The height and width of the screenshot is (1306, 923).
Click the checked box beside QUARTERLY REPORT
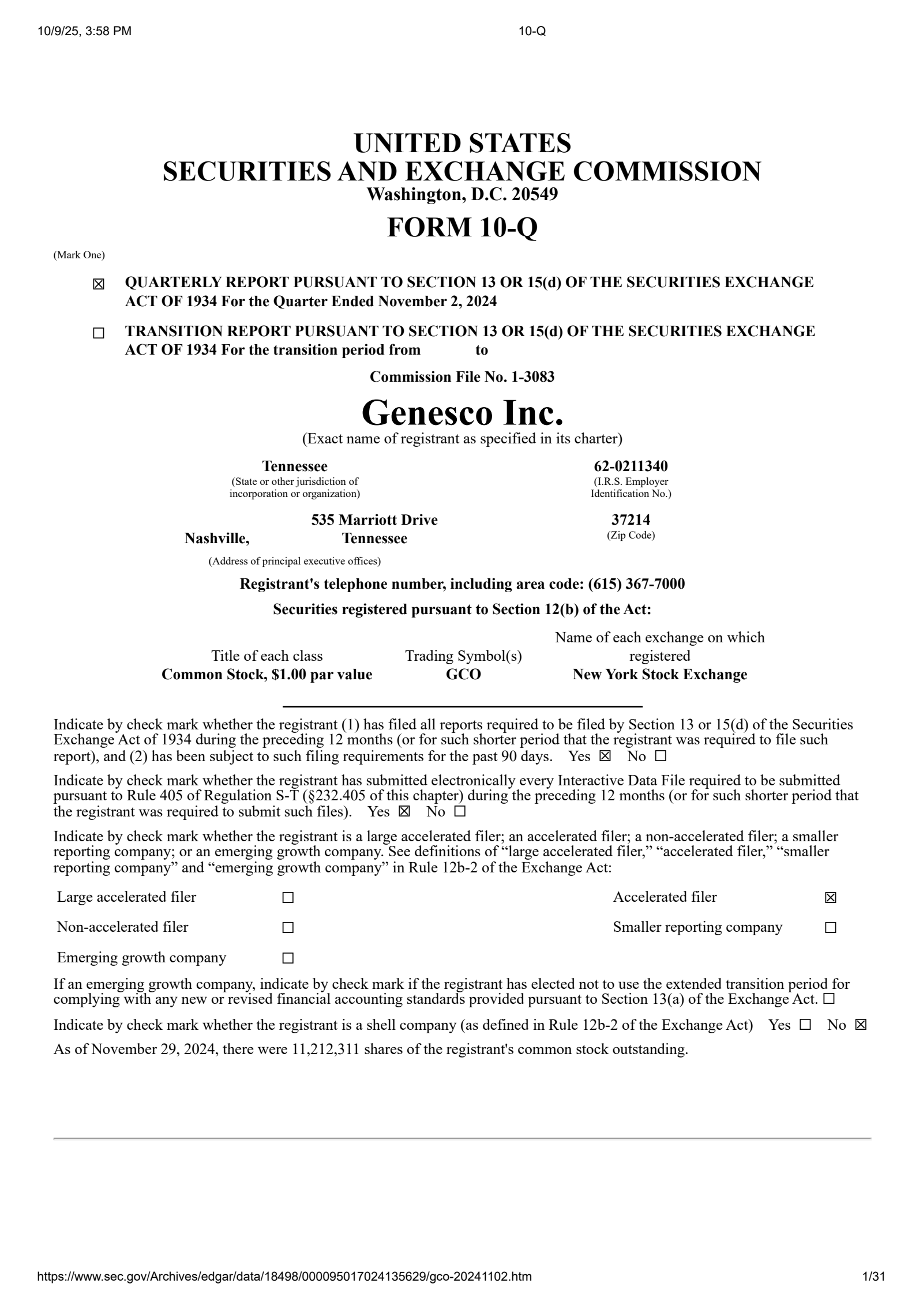[99, 284]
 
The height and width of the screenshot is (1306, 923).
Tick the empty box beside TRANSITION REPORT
[99, 333]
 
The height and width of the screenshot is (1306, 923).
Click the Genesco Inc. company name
[462, 413]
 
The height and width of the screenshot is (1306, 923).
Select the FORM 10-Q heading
[462, 227]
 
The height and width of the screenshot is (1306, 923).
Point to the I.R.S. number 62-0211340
[631, 466]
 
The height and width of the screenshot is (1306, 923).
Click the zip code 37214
[631, 520]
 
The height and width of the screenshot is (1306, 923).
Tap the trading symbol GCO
[463, 674]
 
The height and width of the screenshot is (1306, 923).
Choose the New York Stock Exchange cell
[659, 674]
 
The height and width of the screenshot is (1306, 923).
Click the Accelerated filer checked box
[830, 898]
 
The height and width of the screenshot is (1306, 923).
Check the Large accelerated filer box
[288, 898]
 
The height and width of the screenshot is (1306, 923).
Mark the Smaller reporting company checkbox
[830, 928]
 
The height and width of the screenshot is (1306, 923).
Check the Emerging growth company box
[288, 958]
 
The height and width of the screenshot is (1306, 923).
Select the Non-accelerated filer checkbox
[288, 928]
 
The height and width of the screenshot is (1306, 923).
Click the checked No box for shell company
[861, 1025]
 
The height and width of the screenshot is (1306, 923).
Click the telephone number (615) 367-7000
[636, 584]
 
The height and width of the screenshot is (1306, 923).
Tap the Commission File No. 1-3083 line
[462, 377]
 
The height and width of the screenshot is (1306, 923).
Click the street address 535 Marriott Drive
[374, 520]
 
